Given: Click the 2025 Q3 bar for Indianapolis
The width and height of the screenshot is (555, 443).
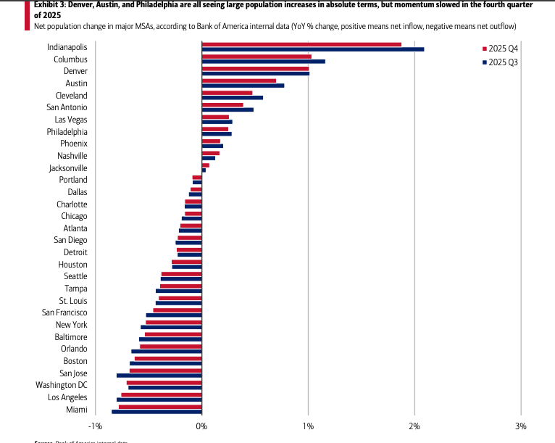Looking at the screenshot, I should coord(312,49).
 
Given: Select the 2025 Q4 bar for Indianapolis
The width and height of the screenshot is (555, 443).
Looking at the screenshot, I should coord(301,44).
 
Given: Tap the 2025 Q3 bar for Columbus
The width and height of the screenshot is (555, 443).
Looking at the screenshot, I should coord(263,62).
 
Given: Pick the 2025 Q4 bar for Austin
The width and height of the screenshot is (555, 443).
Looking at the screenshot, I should coord(238,80).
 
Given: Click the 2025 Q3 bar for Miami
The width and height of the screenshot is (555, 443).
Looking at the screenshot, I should coord(157,412).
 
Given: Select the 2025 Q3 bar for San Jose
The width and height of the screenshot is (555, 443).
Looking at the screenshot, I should coord(159,376).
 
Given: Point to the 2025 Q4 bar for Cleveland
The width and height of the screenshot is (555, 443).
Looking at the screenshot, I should coord(227,93).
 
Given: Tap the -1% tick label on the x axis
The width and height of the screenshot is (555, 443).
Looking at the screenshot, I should coord(95,426).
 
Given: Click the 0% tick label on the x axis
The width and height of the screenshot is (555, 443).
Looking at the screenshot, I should coord(201,426).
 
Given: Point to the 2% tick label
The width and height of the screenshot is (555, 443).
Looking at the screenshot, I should coord(414,426).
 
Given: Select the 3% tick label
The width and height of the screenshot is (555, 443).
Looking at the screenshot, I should coord(520,426).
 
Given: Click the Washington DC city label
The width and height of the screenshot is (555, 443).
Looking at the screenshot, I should coord(62,385).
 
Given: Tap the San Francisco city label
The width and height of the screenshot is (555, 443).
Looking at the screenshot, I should coord(64,312).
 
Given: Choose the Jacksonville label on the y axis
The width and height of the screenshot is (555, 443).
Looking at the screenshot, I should coord(68,167).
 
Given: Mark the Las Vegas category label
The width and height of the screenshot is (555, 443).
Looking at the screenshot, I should coord(71,120).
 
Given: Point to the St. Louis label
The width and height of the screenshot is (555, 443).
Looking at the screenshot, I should coord(73,300).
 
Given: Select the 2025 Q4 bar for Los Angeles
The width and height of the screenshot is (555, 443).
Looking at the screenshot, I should coord(161,394).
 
